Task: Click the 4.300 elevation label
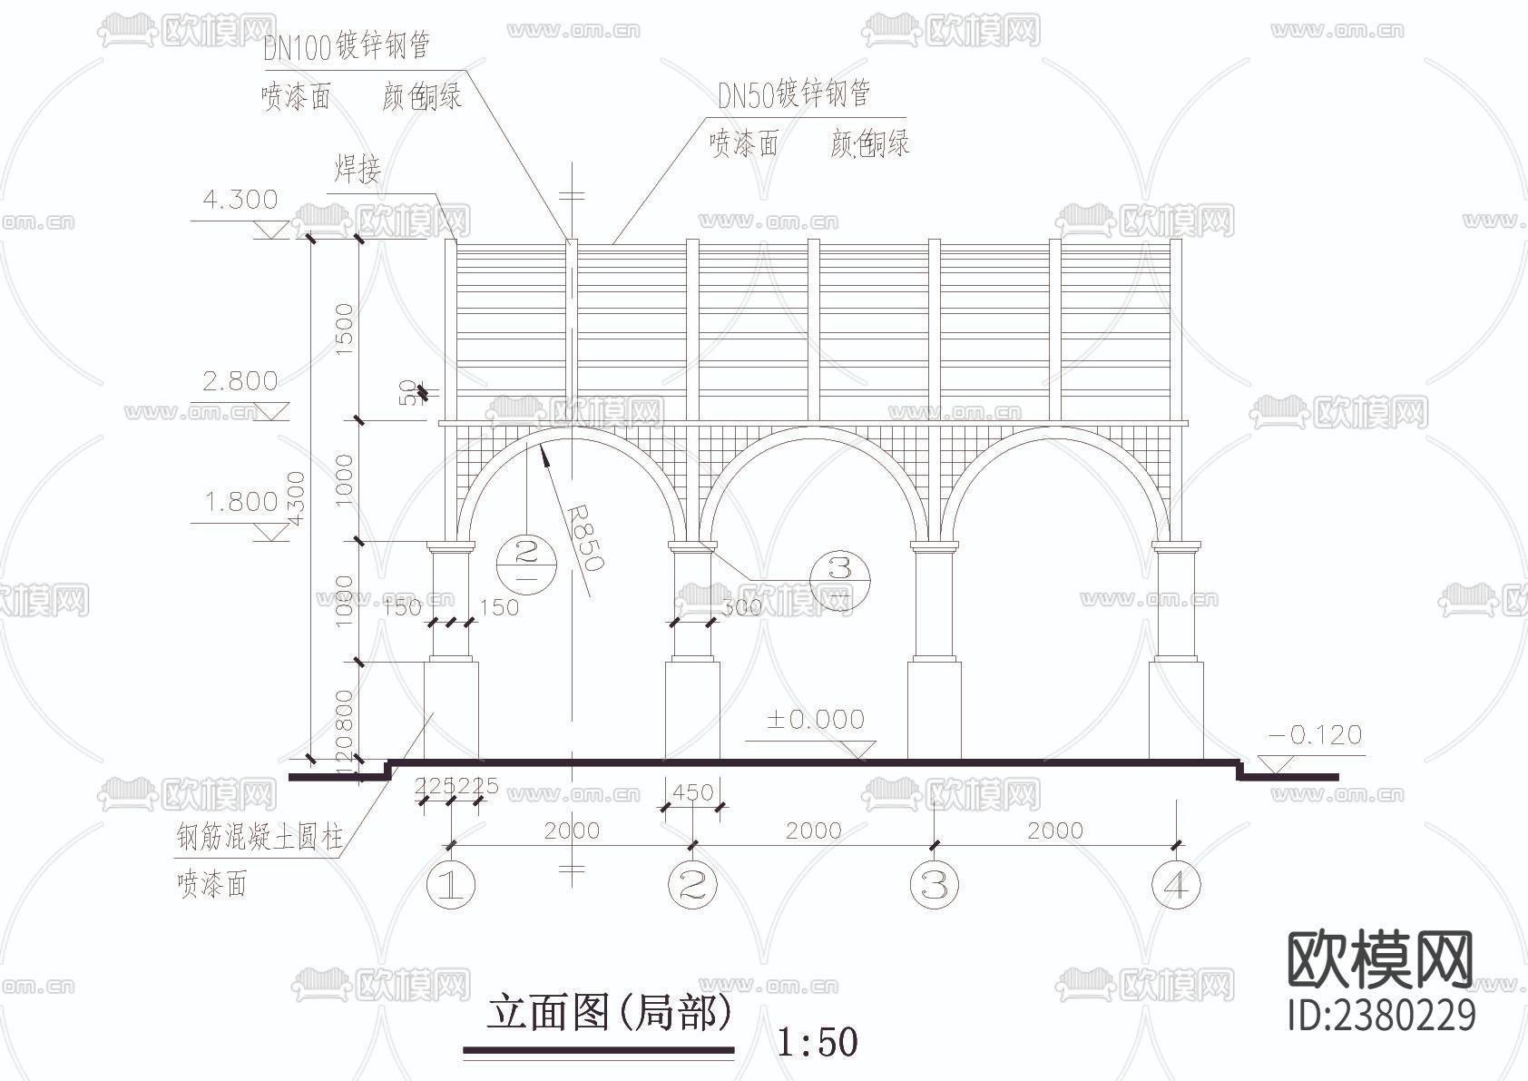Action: point(240,200)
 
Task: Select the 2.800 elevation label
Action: point(240,381)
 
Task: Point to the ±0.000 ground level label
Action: point(815,720)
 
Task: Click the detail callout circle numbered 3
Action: point(840,569)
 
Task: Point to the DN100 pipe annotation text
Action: point(347,46)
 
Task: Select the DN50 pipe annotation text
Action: point(794,93)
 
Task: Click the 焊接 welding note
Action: point(358,169)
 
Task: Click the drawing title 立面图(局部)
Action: point(608,1013)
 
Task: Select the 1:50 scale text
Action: point(817,1042)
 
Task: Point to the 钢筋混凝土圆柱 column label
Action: point(260,837)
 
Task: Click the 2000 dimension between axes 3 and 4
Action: point(1055,830)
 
